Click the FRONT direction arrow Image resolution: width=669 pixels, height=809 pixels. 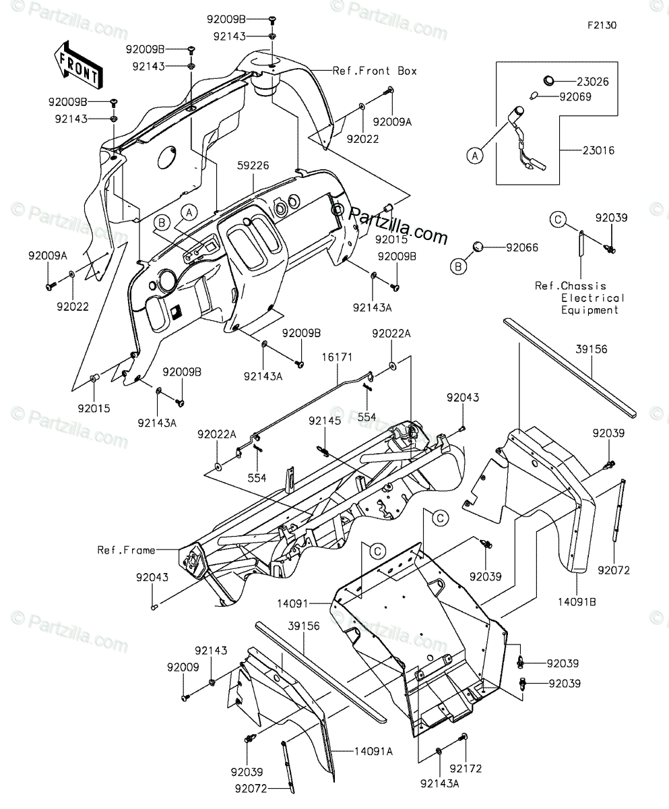click(79, 64)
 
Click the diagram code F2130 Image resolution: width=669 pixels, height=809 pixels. click(602, 26)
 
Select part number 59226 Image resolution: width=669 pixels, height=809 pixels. click(253, 165)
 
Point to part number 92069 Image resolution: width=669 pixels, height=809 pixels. click(575, 97)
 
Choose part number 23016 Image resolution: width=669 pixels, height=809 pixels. click(598, 150)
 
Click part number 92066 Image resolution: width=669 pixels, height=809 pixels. click(522, 247)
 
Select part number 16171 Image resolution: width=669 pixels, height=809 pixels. click(338, 357)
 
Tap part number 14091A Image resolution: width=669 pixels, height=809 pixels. click(374, 752)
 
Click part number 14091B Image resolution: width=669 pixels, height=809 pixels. click(577, 602)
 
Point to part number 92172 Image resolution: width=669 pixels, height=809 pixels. click(466, 769)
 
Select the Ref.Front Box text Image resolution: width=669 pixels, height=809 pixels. click(375, 71)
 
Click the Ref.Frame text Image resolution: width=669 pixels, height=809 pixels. click(126, 550)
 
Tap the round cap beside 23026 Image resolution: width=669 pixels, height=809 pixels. click(548, 82)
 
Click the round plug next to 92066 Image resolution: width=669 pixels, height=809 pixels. click(478, 247)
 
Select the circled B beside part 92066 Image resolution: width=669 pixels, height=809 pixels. click(458, 267)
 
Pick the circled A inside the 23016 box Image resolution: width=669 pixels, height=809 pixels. click(475, 156)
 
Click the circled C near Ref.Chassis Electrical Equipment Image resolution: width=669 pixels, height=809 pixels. click(558, 220)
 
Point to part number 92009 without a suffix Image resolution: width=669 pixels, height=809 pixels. click(183, 667)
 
